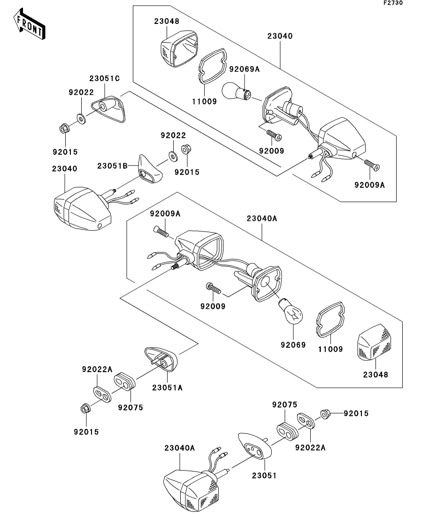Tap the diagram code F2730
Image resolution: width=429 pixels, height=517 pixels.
point(393,3)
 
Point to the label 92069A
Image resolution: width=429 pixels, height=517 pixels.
point(244,69)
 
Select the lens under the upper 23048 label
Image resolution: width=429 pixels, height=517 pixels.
point(179,48)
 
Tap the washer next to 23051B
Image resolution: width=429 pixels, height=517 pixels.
point(172,154)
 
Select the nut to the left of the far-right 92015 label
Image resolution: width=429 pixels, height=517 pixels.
point(324,414)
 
